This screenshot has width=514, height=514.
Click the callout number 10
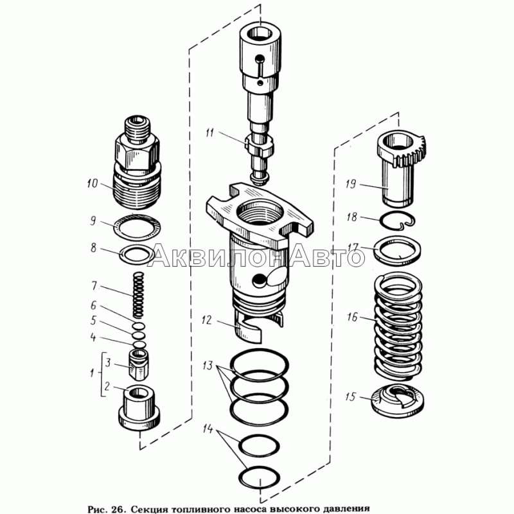coord(93,183)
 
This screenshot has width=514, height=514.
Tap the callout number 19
coord(350,184)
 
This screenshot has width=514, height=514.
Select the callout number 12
coord(207,320)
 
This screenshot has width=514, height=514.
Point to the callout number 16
coord(352,317)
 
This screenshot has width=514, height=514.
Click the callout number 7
coord(94,286)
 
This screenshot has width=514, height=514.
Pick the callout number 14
coord(208,429)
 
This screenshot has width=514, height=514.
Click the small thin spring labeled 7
coord(139,295)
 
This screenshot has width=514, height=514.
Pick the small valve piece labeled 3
coord(139,364)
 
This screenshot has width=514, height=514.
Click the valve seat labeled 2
coord(139,407)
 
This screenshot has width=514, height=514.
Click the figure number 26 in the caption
coord(117,509)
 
